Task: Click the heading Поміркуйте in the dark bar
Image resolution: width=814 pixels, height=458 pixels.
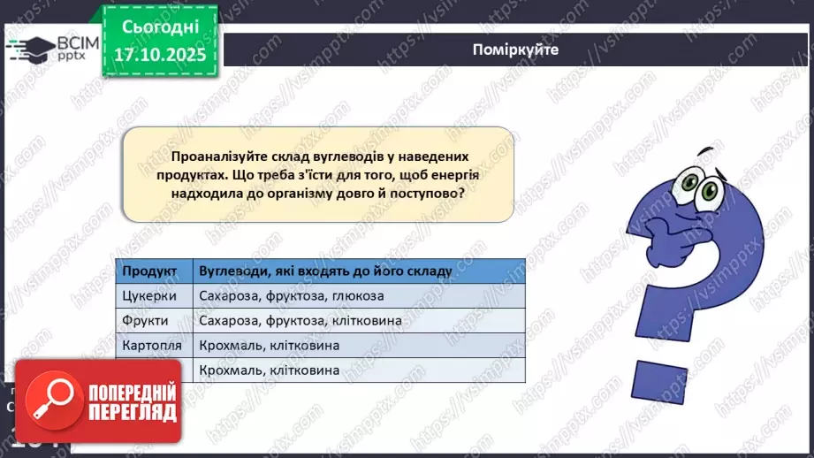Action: click(x=515, y=50)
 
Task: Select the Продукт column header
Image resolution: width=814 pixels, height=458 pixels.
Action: click(x=150, y=271)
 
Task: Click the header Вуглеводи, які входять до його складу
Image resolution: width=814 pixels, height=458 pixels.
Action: click(x=325, y=271)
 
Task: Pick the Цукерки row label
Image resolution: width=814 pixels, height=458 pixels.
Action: click(x=149, y=295)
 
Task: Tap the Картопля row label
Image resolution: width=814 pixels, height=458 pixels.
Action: click(x=152, y=346)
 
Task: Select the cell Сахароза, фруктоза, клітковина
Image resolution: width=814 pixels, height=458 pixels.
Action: click(x=301, y=320)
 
